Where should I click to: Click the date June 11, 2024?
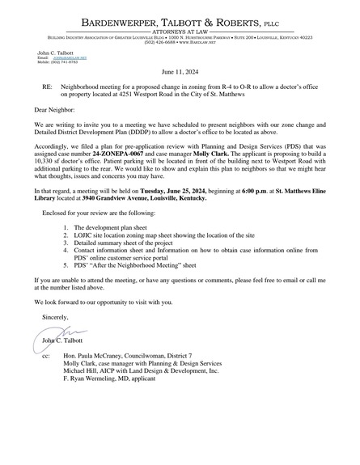[179, 71]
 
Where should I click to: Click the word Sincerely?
[57, 318]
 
